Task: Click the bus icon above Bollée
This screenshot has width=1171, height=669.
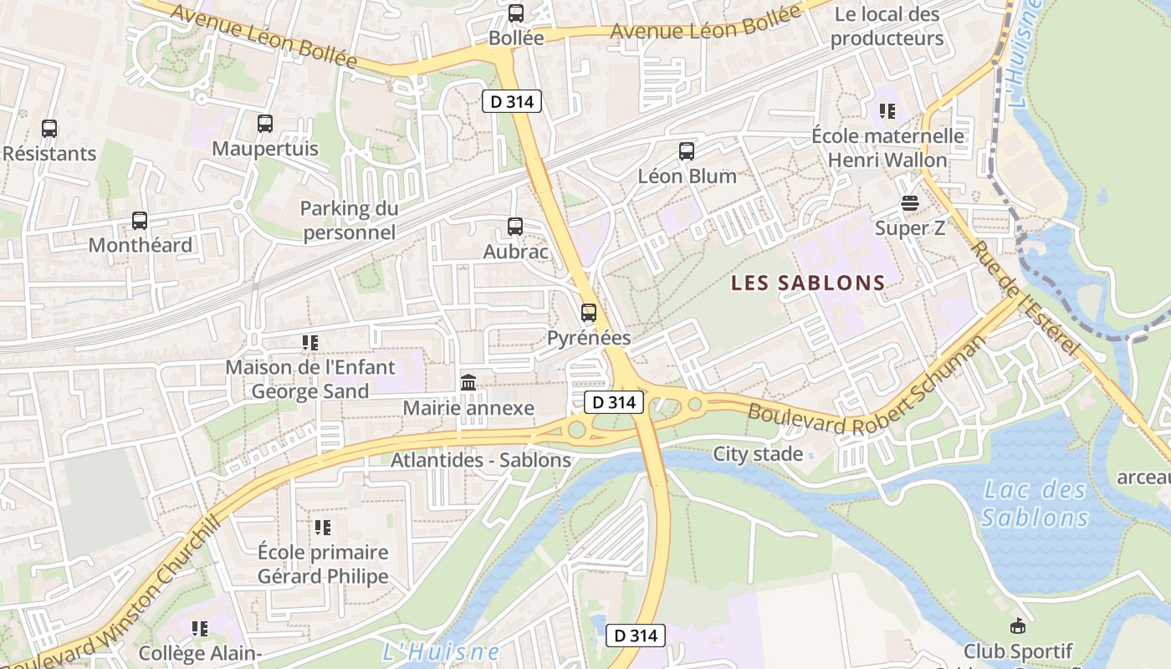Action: click(x=516, y=13)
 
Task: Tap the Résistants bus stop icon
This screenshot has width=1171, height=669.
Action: click(x=49, y=129)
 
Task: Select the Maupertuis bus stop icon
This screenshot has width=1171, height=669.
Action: click(x=265, y=124)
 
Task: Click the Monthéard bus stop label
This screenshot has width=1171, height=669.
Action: click(x=140, y=245)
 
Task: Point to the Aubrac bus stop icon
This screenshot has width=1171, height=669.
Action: click(x=515, y=227)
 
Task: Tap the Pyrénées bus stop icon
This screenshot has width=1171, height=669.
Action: click(x=589, y=313)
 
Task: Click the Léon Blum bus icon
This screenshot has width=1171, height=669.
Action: click(x=687, y=151)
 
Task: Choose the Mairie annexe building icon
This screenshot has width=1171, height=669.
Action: click(x=468, y=383)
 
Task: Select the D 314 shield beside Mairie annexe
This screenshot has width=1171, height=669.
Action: click(x=614, y=402)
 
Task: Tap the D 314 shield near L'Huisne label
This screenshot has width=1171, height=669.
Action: click(x=636, y=636)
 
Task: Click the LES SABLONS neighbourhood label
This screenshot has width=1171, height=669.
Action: click(x=808, y=283)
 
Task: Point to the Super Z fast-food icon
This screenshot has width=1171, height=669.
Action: click(x=910, y=203)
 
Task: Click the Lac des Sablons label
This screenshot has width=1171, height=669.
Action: click(x=1035, y=503)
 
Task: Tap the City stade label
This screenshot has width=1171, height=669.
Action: click(x=758, y=454)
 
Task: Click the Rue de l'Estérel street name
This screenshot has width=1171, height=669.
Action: click(x=1026, y=298)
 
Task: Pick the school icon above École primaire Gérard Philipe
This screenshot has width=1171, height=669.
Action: click(x=323, y=528)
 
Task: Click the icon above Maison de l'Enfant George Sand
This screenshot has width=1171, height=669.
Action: click(x=310, y=343)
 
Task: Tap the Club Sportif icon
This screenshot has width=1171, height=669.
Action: click(x=1018, y=626)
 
